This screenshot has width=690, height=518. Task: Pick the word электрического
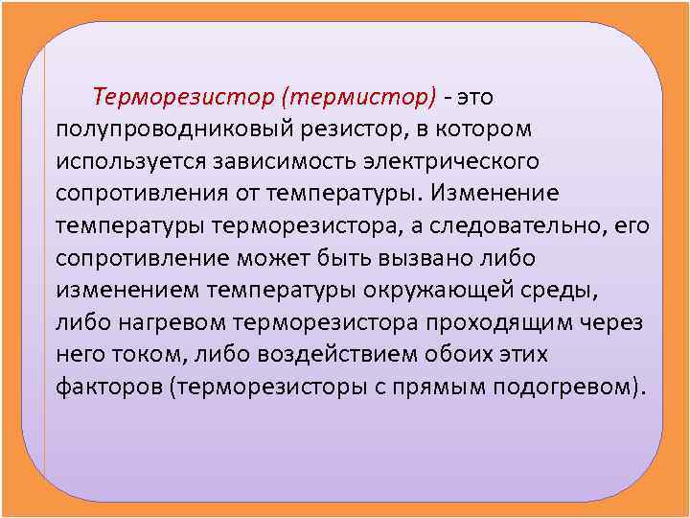point(459,160)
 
